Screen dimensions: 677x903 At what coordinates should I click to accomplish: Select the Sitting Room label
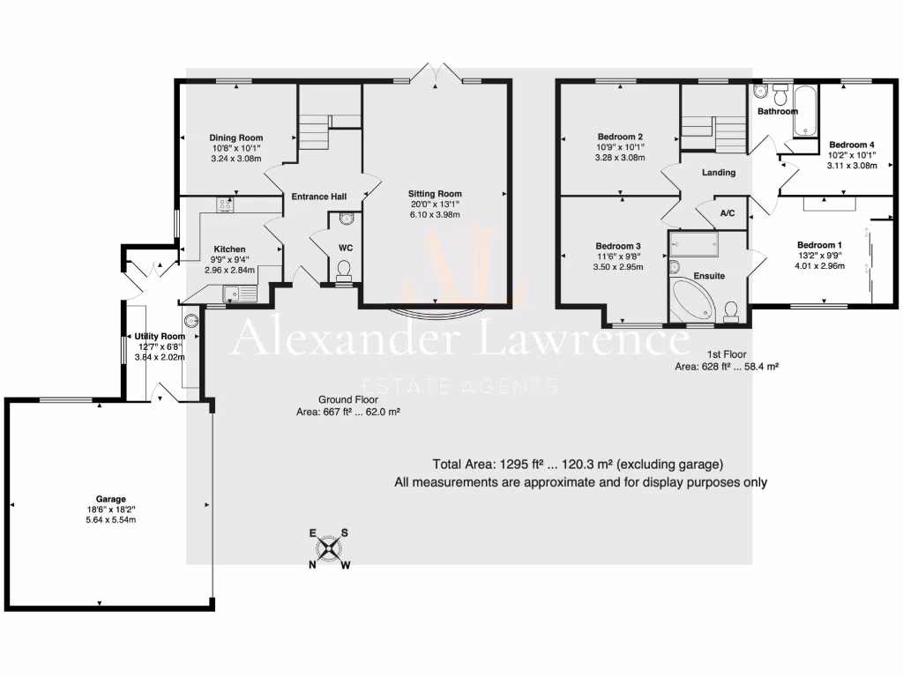434,194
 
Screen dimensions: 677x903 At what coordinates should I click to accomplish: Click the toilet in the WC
345,268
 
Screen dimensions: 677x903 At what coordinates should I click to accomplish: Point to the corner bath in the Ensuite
690,301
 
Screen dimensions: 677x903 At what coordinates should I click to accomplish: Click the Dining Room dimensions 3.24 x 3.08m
235,159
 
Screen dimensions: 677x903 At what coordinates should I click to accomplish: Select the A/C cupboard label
728,213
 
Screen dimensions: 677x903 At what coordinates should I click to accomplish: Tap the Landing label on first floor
719,173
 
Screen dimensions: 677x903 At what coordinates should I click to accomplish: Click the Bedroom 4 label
852,144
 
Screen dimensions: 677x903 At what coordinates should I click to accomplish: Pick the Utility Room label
160,336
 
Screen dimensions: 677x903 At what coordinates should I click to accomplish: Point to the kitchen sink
234,294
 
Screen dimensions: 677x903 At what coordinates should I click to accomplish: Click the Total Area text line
578,465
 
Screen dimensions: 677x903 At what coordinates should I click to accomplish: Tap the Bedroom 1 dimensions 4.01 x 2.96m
820,266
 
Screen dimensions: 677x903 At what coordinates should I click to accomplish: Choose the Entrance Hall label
319,197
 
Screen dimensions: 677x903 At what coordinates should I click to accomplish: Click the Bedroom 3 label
618,246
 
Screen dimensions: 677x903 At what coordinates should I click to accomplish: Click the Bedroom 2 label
620,137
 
